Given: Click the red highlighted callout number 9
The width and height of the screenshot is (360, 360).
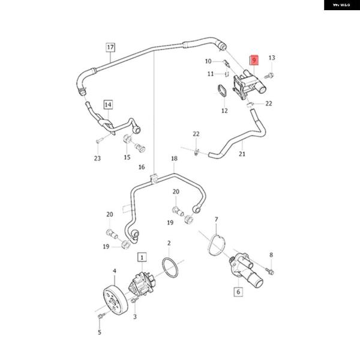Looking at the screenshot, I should click(254, 61).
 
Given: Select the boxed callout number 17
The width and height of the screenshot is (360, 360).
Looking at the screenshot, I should click(110, 47).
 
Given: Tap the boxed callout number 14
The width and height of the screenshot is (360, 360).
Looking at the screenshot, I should click(108, 105).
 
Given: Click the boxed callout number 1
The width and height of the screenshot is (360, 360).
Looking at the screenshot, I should click(142, 257).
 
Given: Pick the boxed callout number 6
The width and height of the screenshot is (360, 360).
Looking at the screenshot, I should click(238, 292).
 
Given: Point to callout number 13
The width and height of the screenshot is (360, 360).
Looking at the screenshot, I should click(271, 58).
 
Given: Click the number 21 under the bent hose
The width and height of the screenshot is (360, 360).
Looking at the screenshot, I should click(242, 154).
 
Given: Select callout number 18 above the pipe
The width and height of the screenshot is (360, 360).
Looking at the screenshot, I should click(174, 159).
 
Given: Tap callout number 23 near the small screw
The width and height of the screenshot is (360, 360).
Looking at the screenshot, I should click(97, 158).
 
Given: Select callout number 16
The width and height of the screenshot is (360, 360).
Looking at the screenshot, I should click(142, 167).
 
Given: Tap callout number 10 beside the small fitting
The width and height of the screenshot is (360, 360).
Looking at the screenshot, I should click(208, 61).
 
